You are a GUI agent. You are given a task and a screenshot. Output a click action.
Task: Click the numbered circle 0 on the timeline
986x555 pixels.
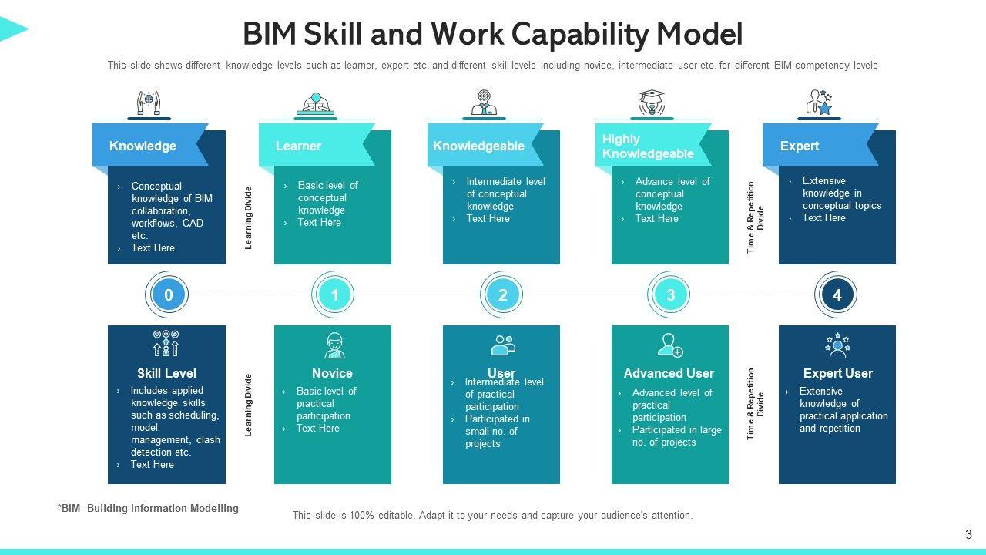tap(169, 294)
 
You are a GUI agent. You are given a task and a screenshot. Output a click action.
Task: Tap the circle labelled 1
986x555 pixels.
tap(334, 294)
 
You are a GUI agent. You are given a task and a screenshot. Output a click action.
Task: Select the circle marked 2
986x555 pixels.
tap(502, 294)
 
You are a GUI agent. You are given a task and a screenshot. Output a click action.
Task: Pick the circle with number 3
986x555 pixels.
tap(670, 294)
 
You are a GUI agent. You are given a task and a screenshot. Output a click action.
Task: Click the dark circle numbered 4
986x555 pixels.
tap(837, 294)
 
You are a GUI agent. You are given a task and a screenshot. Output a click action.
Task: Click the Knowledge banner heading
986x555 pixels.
tap(143, 146)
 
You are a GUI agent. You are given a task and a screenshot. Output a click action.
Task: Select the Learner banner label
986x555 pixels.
tap(298, 146)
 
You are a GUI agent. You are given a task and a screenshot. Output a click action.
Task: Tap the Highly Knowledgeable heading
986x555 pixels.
tap(648, 146)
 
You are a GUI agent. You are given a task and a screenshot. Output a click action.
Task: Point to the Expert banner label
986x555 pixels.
tap(799, 146)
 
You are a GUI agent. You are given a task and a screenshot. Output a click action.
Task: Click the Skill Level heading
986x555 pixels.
tap(166, 373)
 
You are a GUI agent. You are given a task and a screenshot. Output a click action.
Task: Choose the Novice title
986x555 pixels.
tap(332, 373)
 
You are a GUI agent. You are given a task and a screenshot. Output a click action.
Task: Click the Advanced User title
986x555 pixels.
tap(669, 373)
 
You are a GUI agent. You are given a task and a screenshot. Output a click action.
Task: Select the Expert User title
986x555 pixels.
tap(837, 373)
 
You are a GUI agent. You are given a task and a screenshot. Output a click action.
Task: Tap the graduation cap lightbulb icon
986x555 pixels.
tap(652, 103)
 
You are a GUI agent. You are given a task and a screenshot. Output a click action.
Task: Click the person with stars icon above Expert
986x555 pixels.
tap(819, 103)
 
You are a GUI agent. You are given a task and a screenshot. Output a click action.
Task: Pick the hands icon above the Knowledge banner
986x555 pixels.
tap(149, 103)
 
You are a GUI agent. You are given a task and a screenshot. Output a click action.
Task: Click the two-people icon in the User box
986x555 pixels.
tap(503, 345)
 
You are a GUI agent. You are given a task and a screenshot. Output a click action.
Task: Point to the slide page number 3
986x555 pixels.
tap(968, 534)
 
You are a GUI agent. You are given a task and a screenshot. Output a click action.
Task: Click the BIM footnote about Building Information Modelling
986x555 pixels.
tap(148, 508)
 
